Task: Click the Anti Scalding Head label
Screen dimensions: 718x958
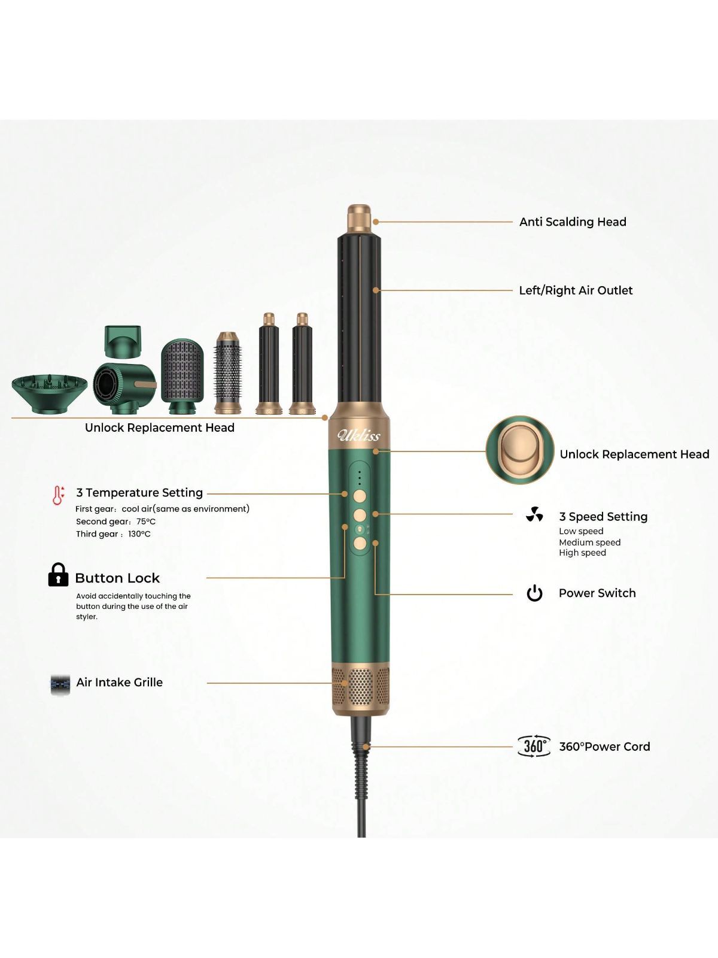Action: click(573, 222)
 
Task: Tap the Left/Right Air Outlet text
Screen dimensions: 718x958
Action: click(576, 290)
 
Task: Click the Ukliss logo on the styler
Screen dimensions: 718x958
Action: click(359, 435)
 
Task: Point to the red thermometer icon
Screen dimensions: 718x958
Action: click(58, 495)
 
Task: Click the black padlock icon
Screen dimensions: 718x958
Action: click(58, 574)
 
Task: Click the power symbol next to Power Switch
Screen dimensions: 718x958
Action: click(534, 593)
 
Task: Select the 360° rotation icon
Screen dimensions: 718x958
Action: click(534, 746)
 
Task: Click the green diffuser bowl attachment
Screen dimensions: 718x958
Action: click(49, 392)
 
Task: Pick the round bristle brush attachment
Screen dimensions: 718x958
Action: click(227, 373)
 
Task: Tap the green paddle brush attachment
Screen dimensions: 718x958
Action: click(182, 376)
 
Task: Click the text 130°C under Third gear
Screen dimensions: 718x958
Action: click(139, 533)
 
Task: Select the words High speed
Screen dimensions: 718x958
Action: click(582, 553)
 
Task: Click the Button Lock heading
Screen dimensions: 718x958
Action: click(117, 578)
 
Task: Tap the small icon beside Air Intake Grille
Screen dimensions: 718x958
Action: click(60, 684)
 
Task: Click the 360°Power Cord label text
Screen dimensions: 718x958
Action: click(604, 746)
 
